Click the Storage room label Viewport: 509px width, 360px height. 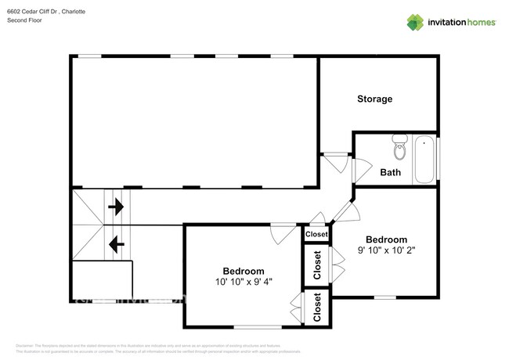coord(374,99)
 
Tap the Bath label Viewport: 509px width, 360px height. coord(390,172)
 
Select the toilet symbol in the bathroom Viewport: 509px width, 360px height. coord(400,146)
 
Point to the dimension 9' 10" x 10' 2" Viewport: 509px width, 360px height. coord(386,252)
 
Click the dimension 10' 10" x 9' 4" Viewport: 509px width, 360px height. coord(244,282)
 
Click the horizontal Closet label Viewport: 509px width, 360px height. coord(316,234)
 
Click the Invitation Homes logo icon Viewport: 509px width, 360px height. coord(415,22)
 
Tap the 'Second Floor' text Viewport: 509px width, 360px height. coord(26,21)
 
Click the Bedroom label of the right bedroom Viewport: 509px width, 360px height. coord(386,239)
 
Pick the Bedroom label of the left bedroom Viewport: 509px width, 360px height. coord(244,269)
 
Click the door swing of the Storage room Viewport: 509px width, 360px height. coord(337,163)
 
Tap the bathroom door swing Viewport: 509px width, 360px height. coord(362,171)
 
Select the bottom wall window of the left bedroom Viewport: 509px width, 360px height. coord(258,326)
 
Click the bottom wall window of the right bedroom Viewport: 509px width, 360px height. coord(384,297)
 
